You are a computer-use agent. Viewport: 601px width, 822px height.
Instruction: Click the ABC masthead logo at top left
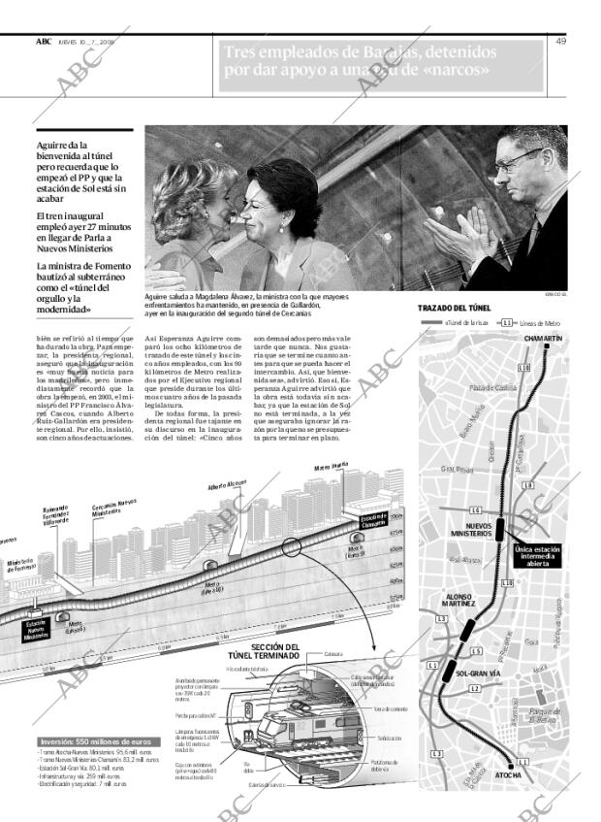tap(44, 41)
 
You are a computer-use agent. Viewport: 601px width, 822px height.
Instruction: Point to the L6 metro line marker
tap(475, 510)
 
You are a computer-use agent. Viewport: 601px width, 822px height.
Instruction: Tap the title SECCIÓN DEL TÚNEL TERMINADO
tap(275, 651)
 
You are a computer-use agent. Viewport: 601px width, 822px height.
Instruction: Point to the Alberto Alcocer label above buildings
tap(228, 486)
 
